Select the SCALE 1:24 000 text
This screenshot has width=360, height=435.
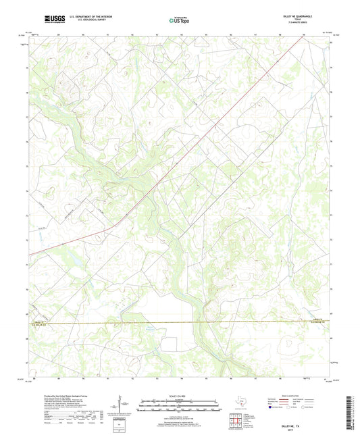point(180,396)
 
